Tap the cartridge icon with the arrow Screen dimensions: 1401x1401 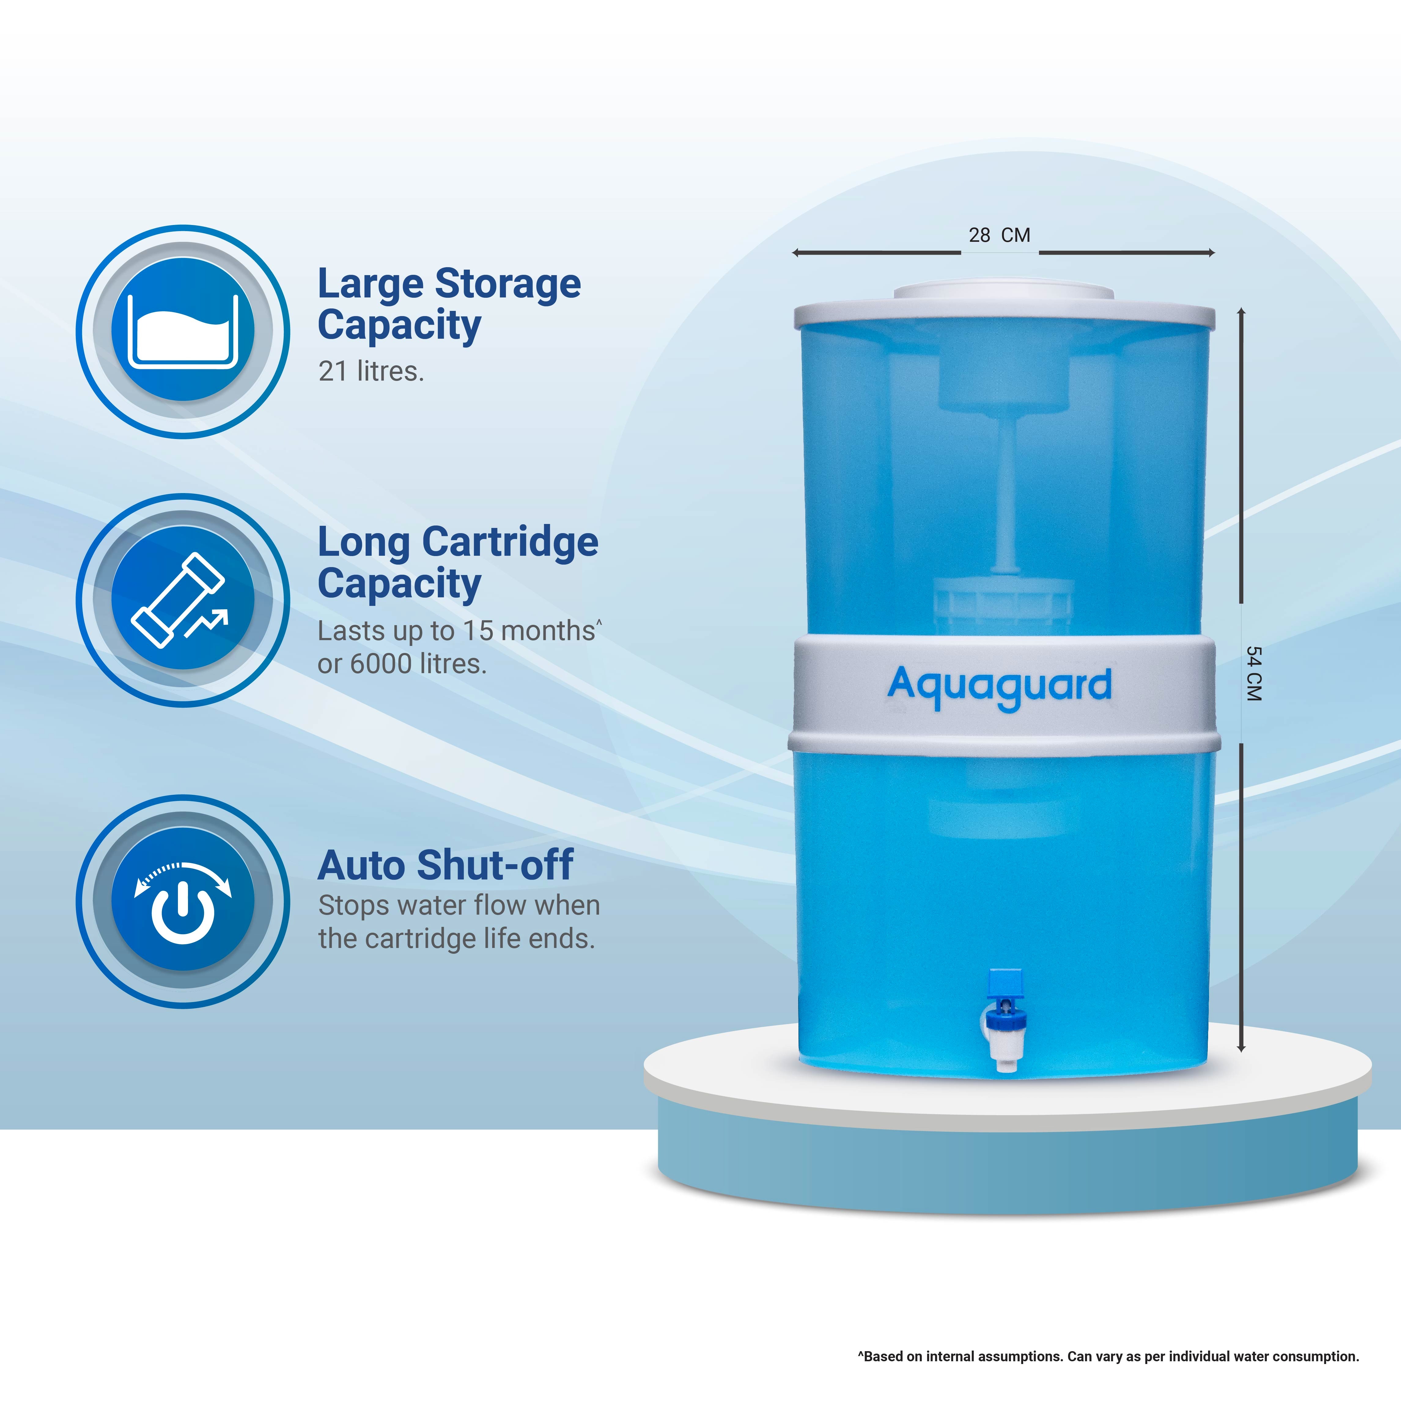183,600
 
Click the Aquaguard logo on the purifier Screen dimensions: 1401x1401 999,688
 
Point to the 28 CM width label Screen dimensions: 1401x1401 999,235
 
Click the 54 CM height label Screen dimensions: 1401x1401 1254,674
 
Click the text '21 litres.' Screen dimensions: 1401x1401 371,371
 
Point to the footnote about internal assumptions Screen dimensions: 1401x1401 1108,1356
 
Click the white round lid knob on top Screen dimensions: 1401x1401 1004,292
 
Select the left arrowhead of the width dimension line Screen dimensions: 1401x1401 795,253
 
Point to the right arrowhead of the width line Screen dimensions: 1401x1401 1211,253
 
